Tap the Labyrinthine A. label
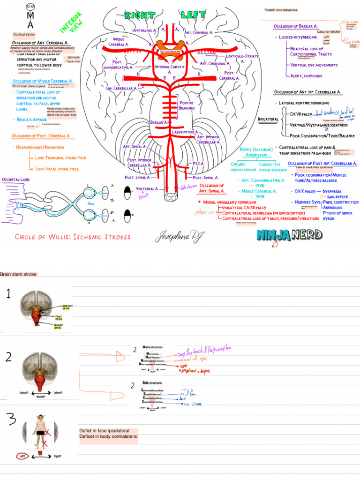click(x=186, y=133)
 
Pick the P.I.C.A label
click(x=198, y=164)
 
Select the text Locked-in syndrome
click(x=298, y=37)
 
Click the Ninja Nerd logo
click(x=289, y=235)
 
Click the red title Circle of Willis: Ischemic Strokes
click(x=73, y=237)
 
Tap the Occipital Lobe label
click(x=16, y=180)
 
